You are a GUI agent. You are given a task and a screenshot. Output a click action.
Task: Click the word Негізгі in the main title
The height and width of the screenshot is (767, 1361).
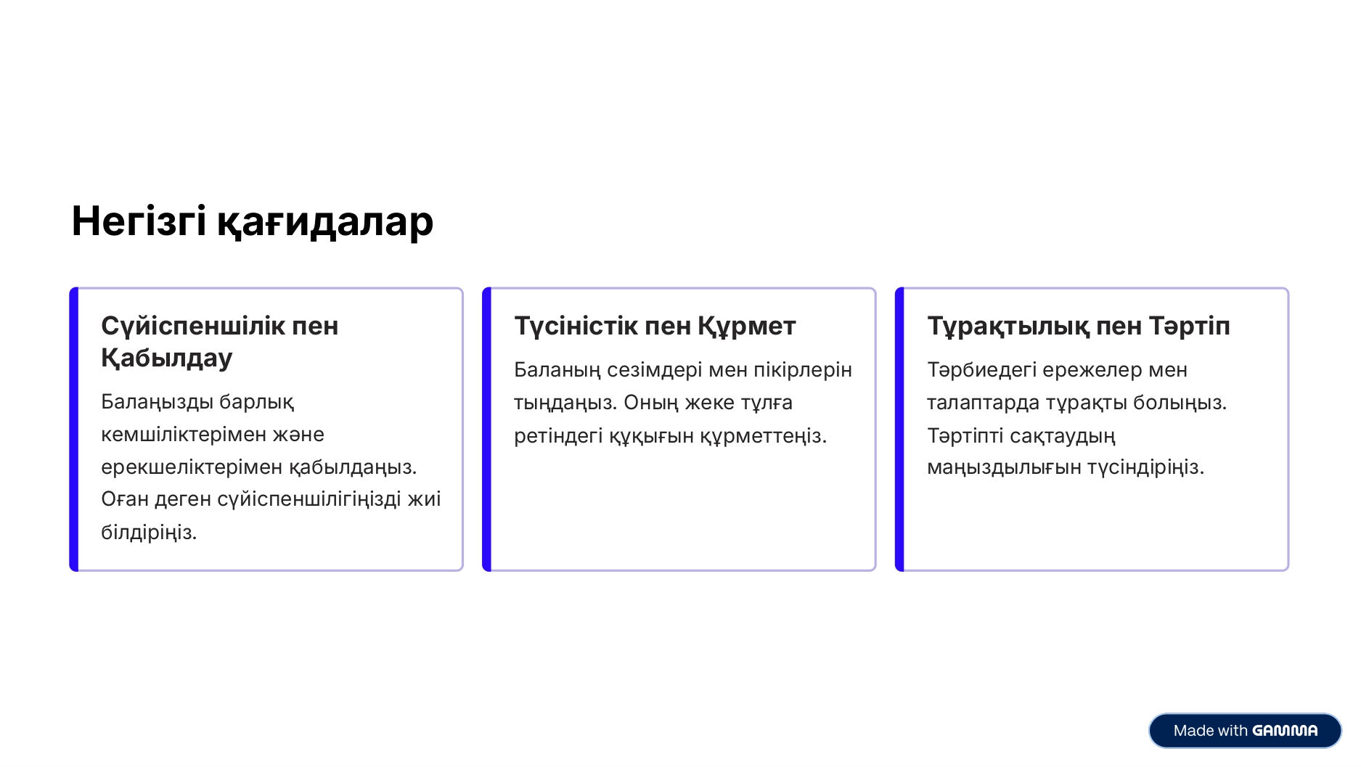point(139,221)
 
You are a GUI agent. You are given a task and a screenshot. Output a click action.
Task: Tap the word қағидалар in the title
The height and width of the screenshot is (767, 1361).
point(325,222)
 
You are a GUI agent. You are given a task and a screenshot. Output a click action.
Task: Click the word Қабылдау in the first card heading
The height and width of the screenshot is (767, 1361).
point(166,358)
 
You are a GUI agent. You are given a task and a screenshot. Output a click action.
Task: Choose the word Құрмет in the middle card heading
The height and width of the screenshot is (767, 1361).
point(747,326)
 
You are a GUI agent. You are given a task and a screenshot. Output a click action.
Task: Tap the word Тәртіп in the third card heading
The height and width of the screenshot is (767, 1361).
point(1190,326)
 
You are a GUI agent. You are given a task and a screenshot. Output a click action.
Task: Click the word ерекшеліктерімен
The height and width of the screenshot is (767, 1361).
point(192,467)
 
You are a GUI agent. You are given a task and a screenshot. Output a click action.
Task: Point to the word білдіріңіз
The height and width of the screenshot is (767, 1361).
point(149,533)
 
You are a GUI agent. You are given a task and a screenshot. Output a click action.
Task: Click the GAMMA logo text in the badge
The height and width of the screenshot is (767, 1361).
point(1285,731)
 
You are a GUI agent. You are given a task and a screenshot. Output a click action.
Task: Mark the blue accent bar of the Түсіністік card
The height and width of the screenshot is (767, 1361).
point(487,430)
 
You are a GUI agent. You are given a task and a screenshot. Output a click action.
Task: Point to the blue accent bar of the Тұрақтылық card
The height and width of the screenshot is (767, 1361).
point(900,430)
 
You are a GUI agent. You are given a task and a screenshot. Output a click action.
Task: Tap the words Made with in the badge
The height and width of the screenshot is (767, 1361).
point(1210,731)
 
